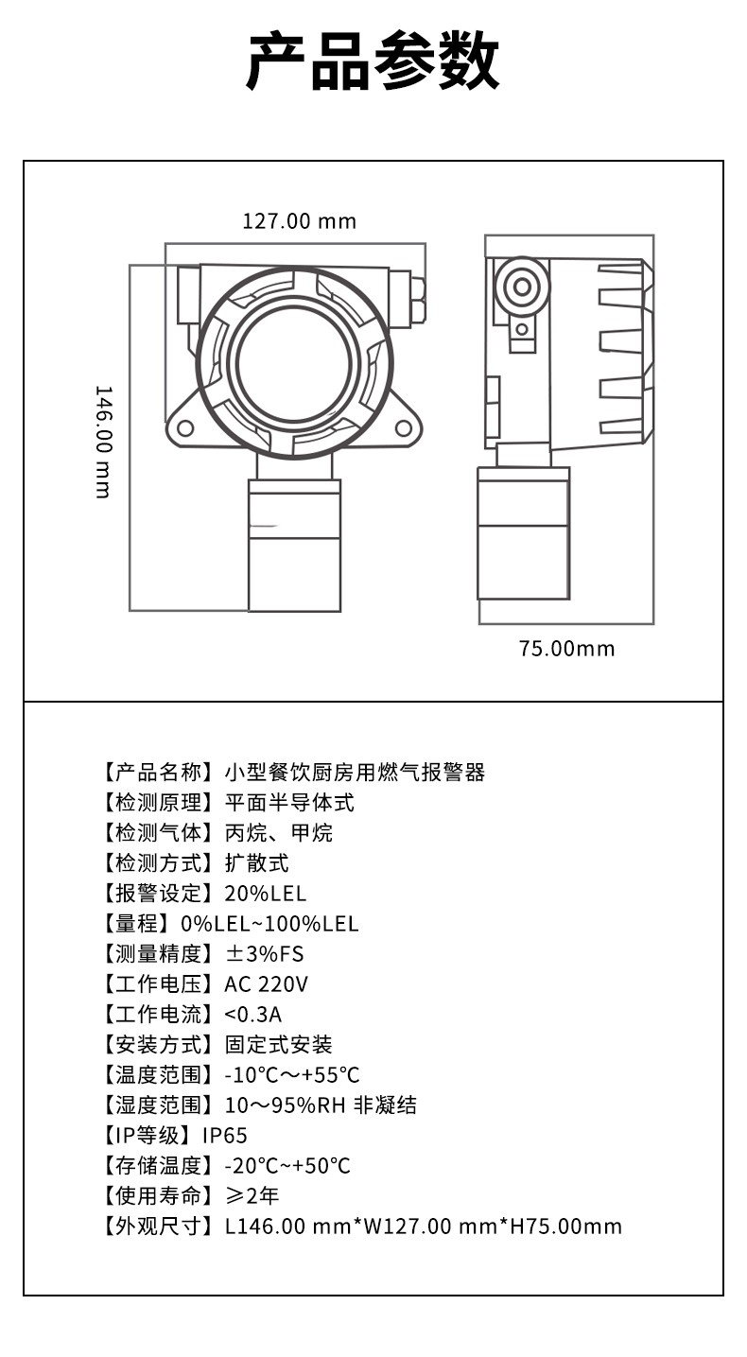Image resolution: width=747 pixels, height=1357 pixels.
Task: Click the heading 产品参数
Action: (x=373, y=61)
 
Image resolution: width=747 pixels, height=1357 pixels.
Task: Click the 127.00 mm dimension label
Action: (x=300, y=221)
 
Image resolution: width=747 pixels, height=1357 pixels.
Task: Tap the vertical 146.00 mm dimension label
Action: (x=104, y=442)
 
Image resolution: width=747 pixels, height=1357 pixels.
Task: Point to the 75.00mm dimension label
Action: (x=566, y=649)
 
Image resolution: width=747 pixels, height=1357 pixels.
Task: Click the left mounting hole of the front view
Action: (x=184, y=428)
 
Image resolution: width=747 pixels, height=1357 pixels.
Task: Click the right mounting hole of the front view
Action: (x=404, y=428)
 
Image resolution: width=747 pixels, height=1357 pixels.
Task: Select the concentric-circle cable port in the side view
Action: (x=522, y=287)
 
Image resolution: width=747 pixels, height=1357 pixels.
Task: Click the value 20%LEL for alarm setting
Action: (x=266, y=894)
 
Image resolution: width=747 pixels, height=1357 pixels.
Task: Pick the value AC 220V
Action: (x=266, y=984)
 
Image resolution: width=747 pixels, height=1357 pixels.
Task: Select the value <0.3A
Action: (x=252, y=1015)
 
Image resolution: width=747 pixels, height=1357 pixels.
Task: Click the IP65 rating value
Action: (x=225, y=1136)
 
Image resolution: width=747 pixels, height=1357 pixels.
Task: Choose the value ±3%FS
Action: (x=264, y=954)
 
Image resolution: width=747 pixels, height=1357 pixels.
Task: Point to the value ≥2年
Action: (x=252, y=1196)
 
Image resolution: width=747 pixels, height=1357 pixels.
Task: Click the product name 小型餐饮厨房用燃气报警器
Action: (x=355, y=773)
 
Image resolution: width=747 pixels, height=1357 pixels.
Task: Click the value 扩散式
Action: (x=257, y=863)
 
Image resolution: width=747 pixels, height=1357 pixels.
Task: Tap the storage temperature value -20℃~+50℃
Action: (x=287, y=1166)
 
